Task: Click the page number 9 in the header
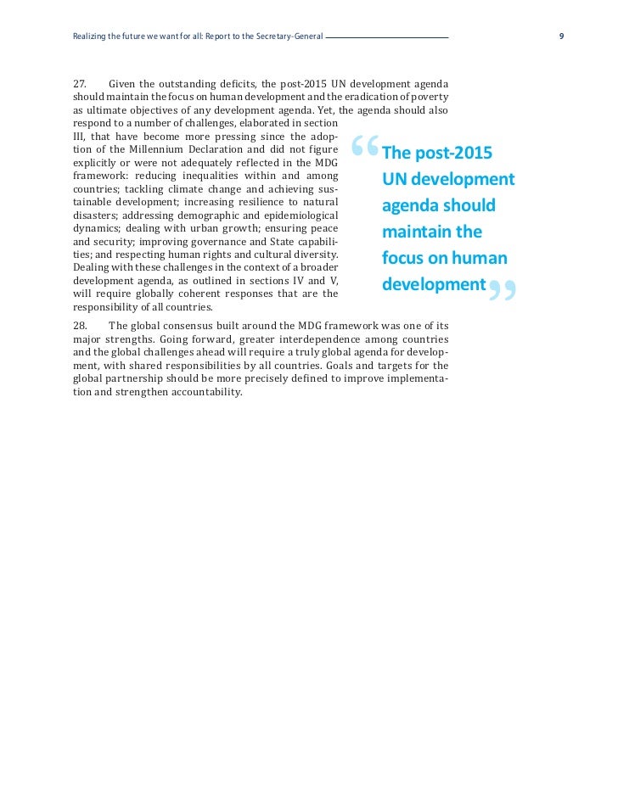point(562,36)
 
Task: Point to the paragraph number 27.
point(81,83)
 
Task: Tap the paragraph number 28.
point(81,326)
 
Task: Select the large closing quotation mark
point(502,291)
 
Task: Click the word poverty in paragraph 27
point(428,97)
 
